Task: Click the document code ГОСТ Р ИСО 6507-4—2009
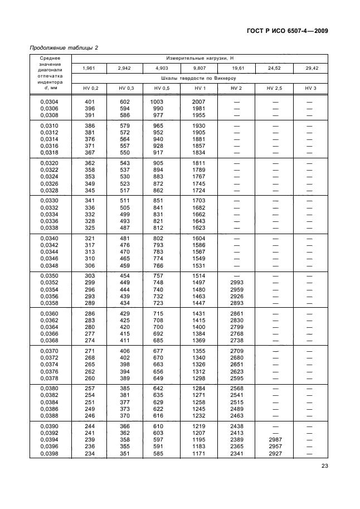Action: pos(284,31)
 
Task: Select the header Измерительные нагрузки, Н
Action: pos(198,58)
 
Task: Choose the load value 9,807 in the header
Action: pos(198,68)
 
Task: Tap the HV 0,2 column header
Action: pos(90,89)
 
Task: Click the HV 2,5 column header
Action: pos(274,89)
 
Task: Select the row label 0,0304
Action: pos(50,101)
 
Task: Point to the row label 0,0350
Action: pos(50,276)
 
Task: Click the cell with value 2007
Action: pos(198,101)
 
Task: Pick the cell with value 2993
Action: pos(236,283)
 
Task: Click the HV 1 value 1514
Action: pos(198,276)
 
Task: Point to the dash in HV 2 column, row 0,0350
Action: pos(236,276)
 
